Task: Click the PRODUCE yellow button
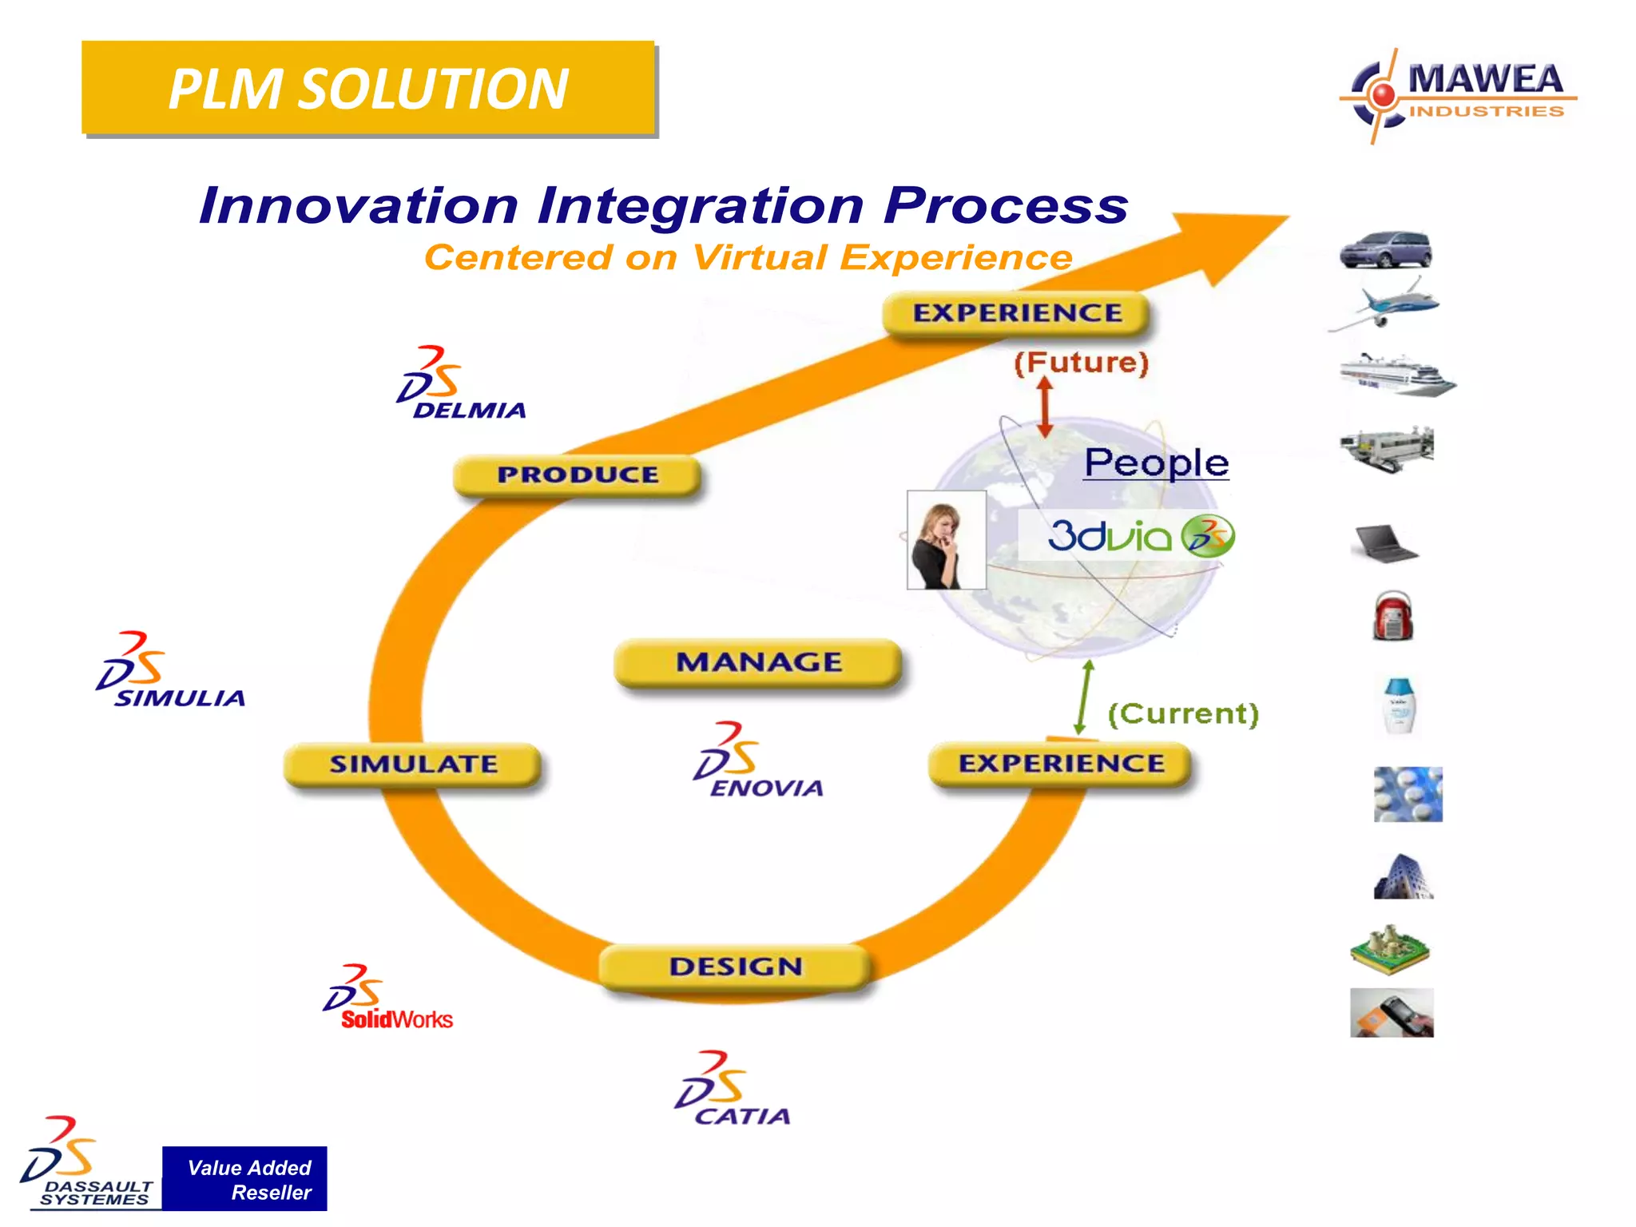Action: tap(577, 475)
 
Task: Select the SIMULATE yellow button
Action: tap(413, 764)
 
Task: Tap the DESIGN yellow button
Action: tap(735, 967)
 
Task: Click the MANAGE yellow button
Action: tap(758, 662)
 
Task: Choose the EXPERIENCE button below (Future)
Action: tap(1016, 313)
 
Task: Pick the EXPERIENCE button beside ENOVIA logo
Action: tap(1060, 764)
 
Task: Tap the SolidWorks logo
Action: tap(387, 999)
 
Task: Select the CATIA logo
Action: tap(731, 1090)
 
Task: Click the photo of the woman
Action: tap(946, 541)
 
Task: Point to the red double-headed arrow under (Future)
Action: tap(1044, 407)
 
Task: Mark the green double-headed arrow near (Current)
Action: tap(1083, 697)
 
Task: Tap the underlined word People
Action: tap(1155, 463)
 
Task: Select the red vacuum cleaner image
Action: tap(1392, 617)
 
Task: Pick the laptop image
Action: tap(1385, 544)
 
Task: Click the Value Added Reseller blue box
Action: tap(244, 1179)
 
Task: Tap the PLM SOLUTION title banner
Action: tap(367, 88)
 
